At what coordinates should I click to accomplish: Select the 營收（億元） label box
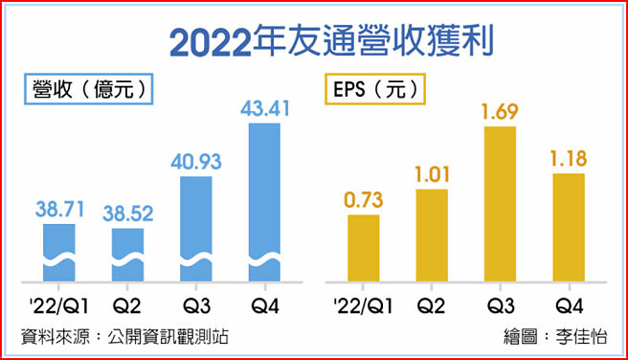pyautogui.click(x=88, y=90)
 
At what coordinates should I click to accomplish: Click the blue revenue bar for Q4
pyautogui.click(x=264, y=203)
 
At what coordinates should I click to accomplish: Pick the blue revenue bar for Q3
pyautogui.click(x=195, y=230)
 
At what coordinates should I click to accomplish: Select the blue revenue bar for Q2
pyautogui.click(x=127, y=255)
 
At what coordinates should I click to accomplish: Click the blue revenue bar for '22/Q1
pyautogui.click(x=59, y=253)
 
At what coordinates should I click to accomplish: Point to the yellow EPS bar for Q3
pyautogui.click(x=501, y=204)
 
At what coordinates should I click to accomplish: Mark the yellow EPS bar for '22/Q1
pyautogui.click(x=363, y=248)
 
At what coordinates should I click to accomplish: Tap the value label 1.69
pyautogui.click(x=501, y=111)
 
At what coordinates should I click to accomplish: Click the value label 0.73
pyautogui.click(x=363, y=198)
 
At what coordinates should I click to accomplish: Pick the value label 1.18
pyautogui.click(x=569, y=157)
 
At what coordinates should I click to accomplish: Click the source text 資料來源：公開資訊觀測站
pyautogui.click(x=124, y=336)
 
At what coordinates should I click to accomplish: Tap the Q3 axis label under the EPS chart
pyautogui.click(x=501, y=305)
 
